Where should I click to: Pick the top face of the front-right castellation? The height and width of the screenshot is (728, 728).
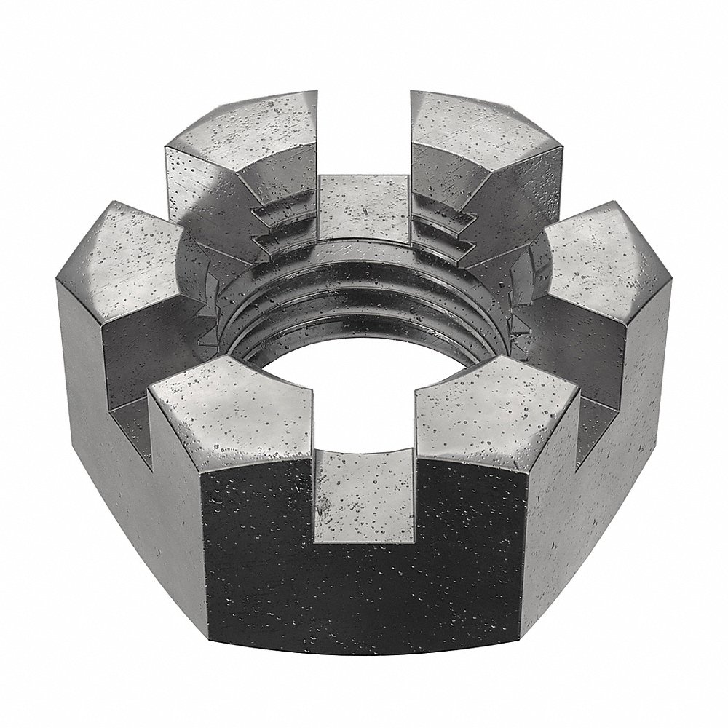tap(495, 415)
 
